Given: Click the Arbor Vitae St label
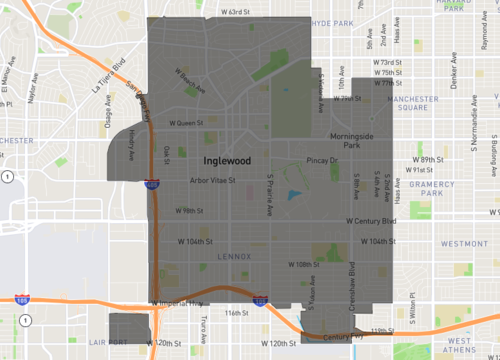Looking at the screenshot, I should pyautogui.click(x=212, y=181).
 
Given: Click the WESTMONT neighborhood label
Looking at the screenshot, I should pyautogui.click(x=463, y=243).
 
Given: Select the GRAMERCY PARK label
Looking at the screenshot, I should pyautogui.click(x=437, y=186).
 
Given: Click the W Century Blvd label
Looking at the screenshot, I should pyautogui.click(x=371, y=220).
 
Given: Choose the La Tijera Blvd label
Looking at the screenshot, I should pyautogui.click(x=117, y=74).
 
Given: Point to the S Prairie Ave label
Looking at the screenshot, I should pyautogui.click(x=270, y=199).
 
